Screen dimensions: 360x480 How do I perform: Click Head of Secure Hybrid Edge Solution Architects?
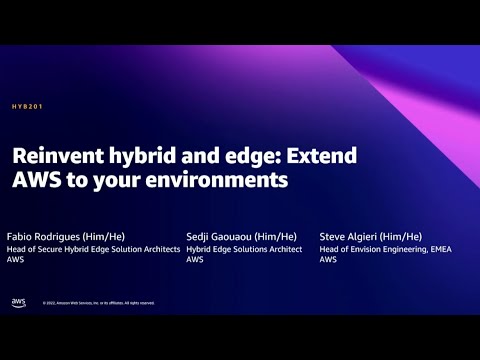pos(93,248)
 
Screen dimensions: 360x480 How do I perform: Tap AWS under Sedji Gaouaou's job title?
pos(195,260)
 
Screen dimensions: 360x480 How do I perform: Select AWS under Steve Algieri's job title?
pos(328,260)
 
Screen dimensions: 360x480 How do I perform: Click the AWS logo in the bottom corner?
pos(18,302)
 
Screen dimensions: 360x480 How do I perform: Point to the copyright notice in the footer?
pos(98,303)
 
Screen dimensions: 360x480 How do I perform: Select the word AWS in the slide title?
pos(31,181)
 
